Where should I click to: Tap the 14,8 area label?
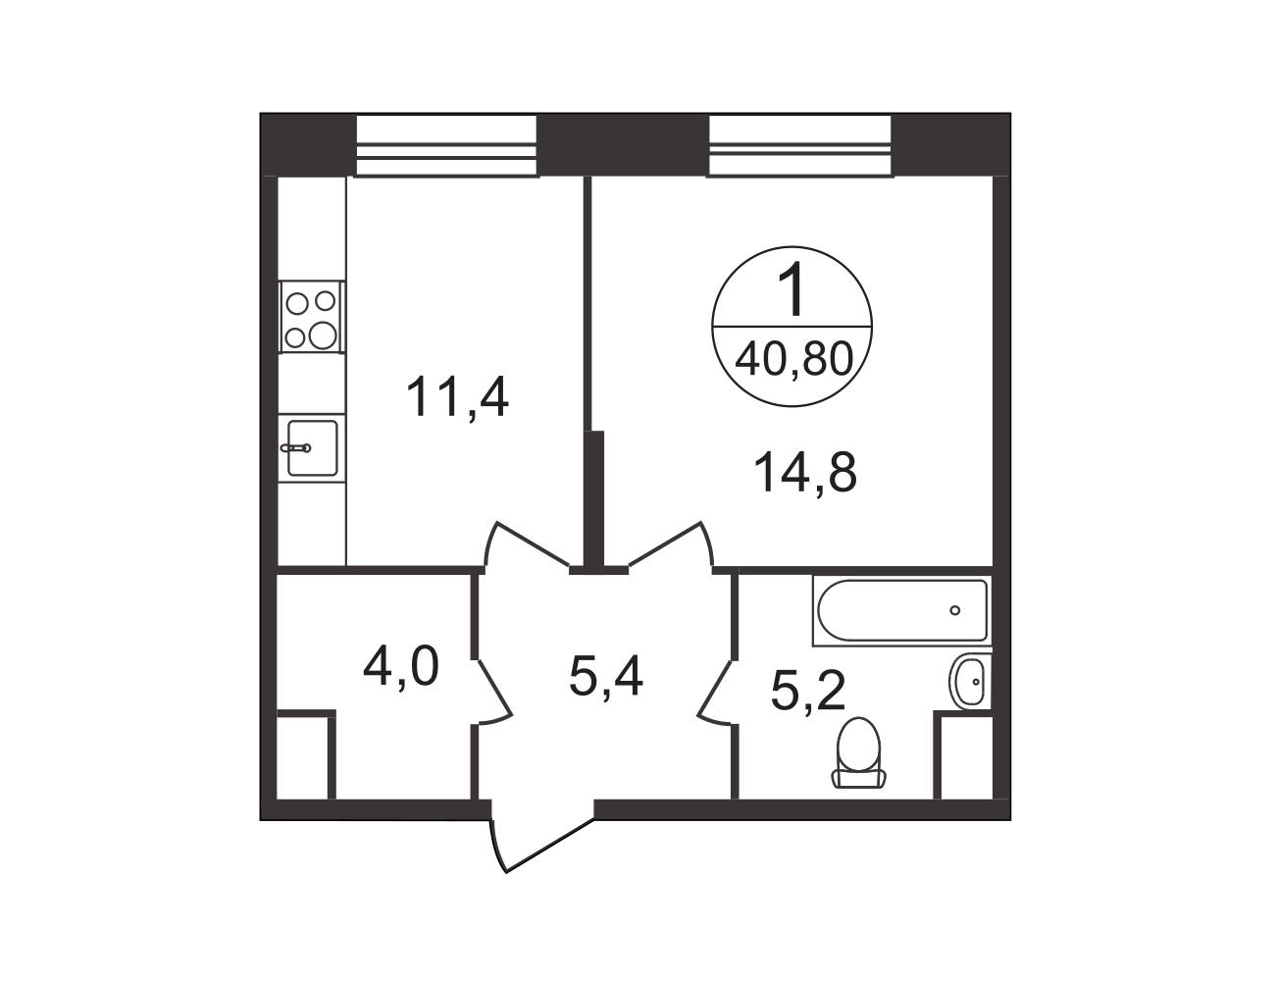805,473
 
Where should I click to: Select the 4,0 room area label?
401,668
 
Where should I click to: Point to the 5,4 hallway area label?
606,676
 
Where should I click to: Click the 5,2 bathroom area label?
807,692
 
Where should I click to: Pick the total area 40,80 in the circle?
793,359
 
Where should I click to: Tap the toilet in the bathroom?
858,752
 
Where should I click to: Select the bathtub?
902,610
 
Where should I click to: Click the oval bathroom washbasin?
967,683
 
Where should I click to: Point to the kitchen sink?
313,447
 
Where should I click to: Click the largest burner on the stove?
323,336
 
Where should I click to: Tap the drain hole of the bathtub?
954,610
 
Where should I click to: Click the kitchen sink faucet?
296,447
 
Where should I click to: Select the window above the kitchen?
446,145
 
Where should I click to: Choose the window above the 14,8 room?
799,145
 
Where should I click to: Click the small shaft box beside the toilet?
962,755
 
